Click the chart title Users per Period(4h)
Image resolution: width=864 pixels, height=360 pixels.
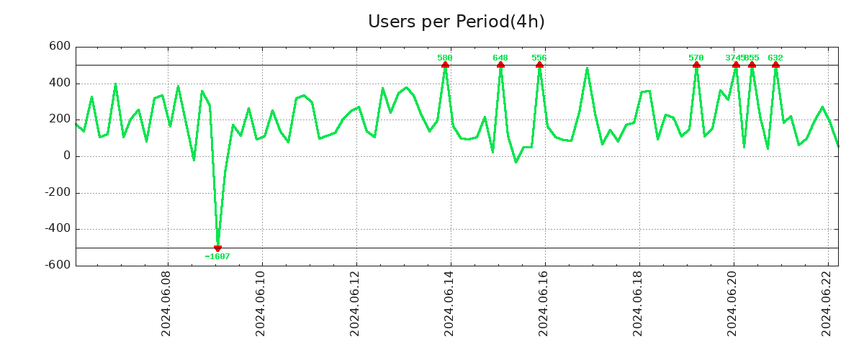click(x=456, y=22)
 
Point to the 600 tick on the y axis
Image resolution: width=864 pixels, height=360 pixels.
click(x=59, y=47)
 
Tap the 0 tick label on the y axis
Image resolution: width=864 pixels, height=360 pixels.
click(x=66, y=156)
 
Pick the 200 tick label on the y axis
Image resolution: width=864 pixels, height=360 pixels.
click(x=59, y=120)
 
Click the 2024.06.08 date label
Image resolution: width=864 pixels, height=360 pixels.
click(x=166, y=305)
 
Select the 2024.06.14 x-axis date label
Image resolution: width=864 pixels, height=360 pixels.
click(x=449, y=305)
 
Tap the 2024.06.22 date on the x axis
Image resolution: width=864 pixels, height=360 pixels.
click(x=827, y=305)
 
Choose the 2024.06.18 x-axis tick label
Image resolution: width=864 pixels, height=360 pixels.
click(x=638, y=305)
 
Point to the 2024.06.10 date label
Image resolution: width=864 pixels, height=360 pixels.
click(x=261, y=305)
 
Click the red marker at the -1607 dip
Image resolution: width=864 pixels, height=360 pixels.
click(x=217, y=248)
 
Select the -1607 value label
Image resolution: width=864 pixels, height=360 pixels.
click(x=217, y=256)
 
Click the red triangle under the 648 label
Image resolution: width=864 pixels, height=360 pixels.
click(x=500, y=65)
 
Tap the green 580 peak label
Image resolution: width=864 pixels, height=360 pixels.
click(x=445, y=58)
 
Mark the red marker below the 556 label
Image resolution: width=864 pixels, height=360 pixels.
click(x=539, y=65)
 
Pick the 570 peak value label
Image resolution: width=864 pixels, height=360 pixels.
click(x=696, y=58)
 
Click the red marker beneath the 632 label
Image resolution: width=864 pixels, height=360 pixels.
click(x=775, y=65)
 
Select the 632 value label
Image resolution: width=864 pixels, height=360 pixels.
click(x=775, y=58)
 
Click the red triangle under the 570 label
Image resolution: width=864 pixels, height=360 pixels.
click(x=696, y=65)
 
